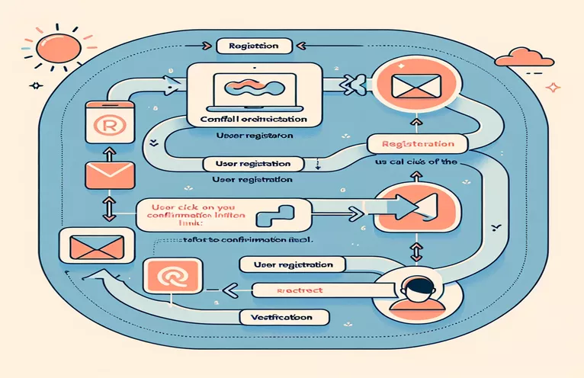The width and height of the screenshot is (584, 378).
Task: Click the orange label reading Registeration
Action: [x=411, y=143]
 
